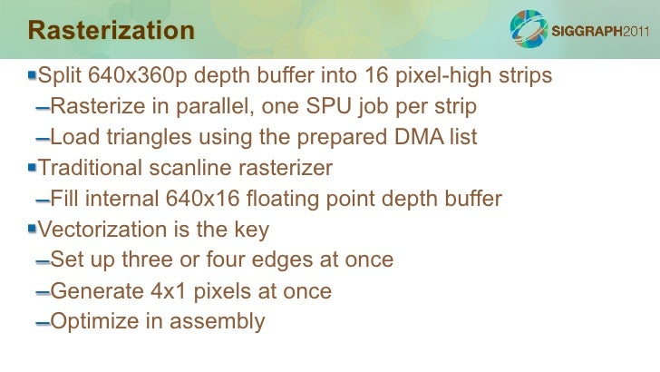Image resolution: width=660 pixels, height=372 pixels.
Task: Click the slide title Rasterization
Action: coord(112,31)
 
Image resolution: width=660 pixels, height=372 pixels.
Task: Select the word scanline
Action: coord(200,168)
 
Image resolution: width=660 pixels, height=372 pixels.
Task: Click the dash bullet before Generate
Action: coord(43,293)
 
